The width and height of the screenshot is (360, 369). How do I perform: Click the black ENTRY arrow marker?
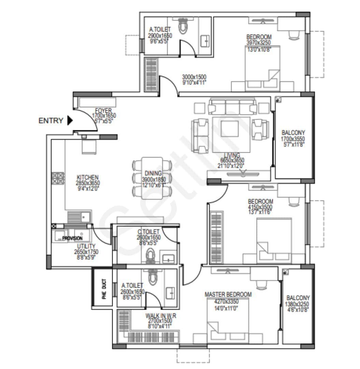tap(70, 120)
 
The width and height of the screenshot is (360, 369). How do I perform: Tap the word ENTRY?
tap(51, 121)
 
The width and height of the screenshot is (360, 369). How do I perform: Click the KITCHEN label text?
tap(88, 178)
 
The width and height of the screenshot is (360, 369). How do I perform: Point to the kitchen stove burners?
tap(58, 178)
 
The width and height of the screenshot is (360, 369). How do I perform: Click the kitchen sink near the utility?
tap(79, 217)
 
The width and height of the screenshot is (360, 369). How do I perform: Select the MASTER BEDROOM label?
tap(228, 295)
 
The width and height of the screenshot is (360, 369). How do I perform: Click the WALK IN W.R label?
tap(161, 316)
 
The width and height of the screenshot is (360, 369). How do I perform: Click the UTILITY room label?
tap(86, 246)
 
